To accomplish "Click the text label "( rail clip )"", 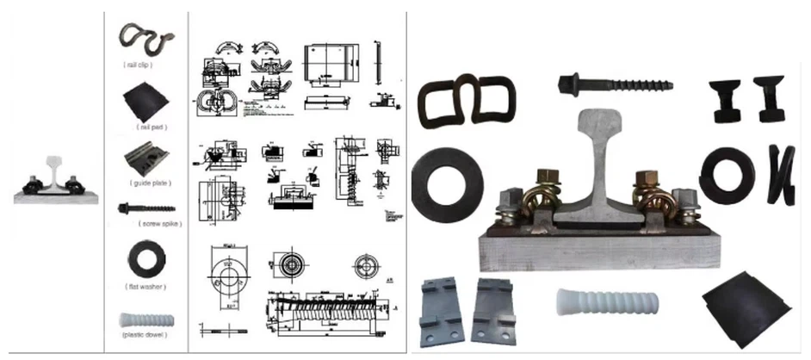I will [144, 65].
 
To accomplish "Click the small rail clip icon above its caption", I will [145, 36].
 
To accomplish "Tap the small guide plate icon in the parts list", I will [145, 158].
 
